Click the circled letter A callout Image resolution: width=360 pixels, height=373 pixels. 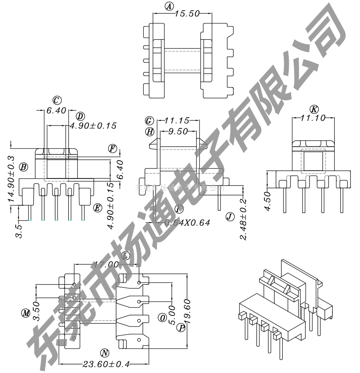point(169,6)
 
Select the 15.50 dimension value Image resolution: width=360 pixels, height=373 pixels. point(187,14)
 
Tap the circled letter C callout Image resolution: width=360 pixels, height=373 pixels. point(57,100)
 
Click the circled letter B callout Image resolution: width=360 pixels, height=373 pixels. point(24,167)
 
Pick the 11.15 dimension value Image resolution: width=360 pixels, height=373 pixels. point(177,121)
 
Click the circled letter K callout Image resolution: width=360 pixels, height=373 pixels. point(314,109)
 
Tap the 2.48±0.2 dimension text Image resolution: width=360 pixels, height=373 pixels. point(243,219)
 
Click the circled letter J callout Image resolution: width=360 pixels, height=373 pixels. point(230,217)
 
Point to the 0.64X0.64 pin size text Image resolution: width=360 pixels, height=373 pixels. point(187,223)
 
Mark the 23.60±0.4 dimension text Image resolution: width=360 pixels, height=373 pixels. point(106,364)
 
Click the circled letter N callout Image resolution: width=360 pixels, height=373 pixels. point(105,353)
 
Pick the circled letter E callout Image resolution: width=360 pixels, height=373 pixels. point(98,208)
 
